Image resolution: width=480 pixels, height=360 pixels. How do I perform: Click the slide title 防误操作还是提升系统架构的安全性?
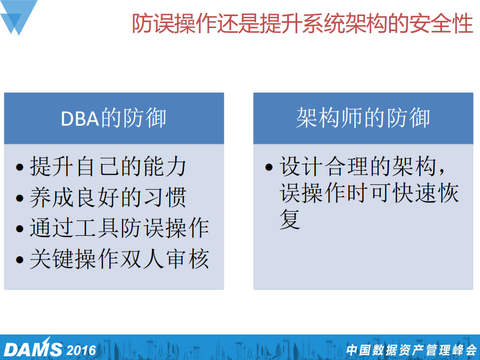(x=302, y=24)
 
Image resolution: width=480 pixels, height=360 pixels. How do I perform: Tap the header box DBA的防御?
(x=114, y=119)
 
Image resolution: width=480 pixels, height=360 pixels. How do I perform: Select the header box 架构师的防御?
(x=363, y=119)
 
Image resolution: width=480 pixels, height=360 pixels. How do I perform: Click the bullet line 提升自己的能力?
(x=108, y=167)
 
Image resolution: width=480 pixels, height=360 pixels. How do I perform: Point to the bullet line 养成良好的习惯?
(x=108, y=198)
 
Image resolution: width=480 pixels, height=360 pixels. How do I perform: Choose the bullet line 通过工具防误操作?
(x=119, y=228)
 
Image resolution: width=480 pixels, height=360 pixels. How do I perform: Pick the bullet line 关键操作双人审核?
(x=119, y=259)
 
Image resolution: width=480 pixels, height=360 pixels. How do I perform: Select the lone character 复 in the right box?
(x=290, y=219)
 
